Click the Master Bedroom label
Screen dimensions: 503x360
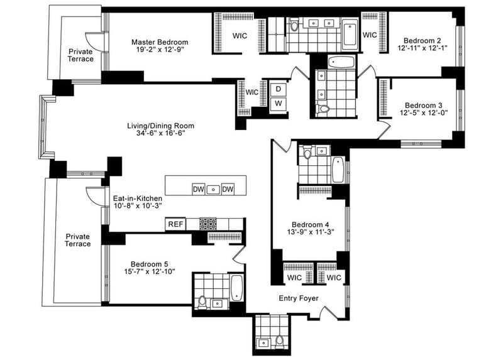[160, 42]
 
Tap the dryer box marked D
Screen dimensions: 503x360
[278, 89]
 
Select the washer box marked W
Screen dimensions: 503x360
[278, 104]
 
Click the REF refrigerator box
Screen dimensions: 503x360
[175, 224]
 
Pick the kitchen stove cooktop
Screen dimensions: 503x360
[208, 224]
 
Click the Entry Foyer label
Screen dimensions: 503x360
[298, 298]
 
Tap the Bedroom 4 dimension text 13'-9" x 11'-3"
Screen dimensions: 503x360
[311, 232]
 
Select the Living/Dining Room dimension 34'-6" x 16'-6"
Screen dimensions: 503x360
[160, 133]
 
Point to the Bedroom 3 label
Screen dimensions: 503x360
[423, 105]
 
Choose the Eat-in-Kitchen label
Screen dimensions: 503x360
[138, 199]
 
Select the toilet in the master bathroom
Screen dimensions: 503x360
[294, 26]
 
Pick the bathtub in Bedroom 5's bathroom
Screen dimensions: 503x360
[237, 287]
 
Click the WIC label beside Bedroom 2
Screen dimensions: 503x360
[370, 35]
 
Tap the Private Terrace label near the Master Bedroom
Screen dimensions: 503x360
[80, 55]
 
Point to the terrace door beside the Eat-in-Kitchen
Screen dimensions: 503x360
[96, 195]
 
